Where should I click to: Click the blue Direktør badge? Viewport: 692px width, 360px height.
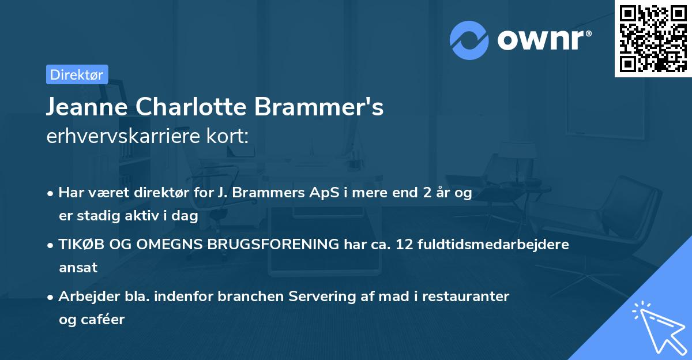pos(77,74)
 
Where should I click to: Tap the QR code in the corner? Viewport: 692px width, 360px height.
pos(653,38)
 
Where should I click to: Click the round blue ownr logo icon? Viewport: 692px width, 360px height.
pos(469,40)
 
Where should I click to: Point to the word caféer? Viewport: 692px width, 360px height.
pos(104,320)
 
